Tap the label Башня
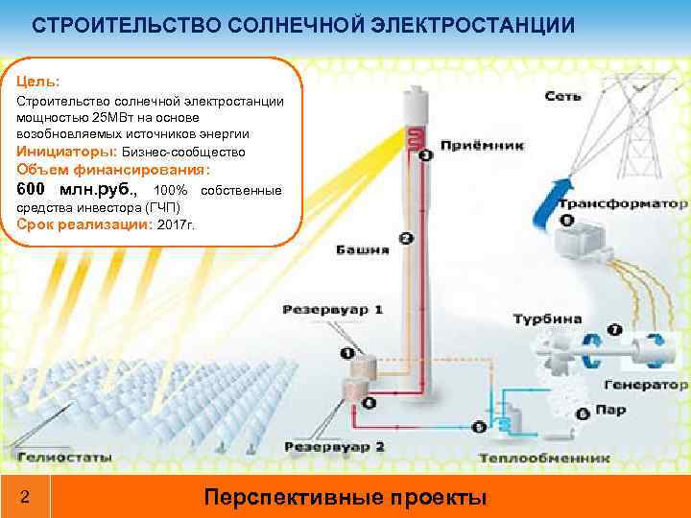tap(362, 250)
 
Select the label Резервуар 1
tap(333, 310)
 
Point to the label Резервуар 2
tap(335, 447)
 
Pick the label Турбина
tap(547, 318)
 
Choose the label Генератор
tap(645, 385)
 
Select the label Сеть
tap(562, 96)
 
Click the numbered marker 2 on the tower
tap(406, 238)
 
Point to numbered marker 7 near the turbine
tap(615, 329)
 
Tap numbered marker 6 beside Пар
tap(583, 414)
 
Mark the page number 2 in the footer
tap(25, 498)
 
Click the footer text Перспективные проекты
tap(345, 498)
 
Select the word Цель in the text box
tap(37, 82)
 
